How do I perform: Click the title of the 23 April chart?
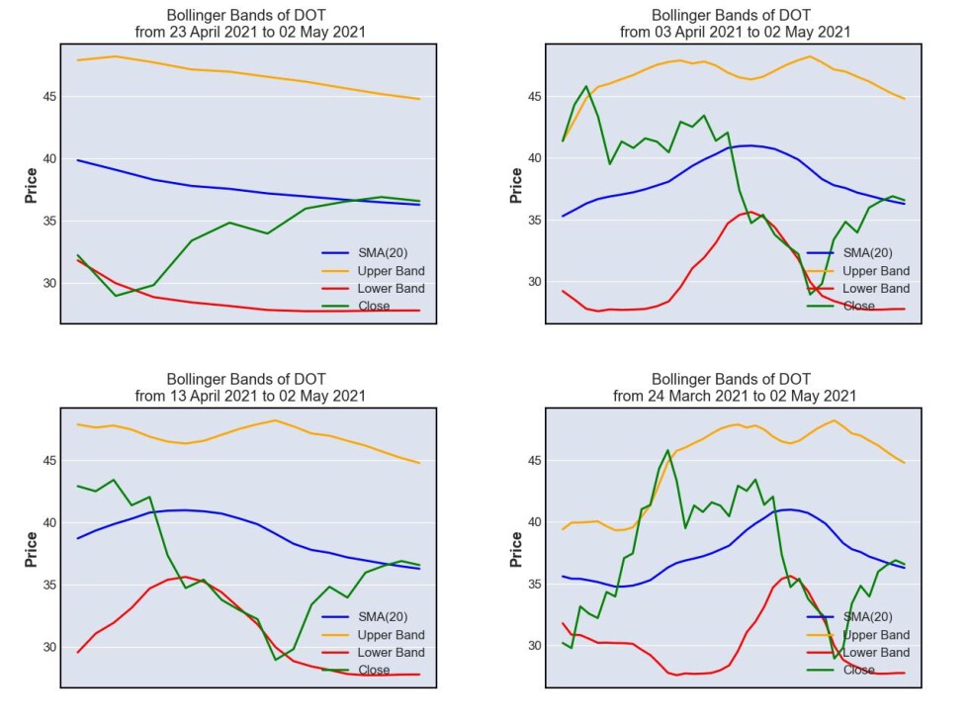coord(250,24)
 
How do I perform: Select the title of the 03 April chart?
coord(735,24)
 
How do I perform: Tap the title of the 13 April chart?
coord(250,388)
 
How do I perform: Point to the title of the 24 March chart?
coord(735,388)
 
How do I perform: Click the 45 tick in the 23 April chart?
coord(49,97)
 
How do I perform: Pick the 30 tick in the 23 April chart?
coord(49,283)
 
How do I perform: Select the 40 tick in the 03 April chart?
coord(535,158)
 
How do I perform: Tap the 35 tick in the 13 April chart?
coord(49,585)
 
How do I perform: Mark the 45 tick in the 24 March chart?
coord(535,461)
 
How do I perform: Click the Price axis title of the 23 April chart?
coord(31,185)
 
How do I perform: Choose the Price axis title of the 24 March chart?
coord(516,549)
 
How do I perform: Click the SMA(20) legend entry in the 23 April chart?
coord(365,252)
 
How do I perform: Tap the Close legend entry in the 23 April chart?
coord(356,306)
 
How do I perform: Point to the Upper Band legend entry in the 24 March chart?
coord(858,634)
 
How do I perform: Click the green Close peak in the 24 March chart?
coord(667,450)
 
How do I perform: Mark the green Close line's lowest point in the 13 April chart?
coord(276,660)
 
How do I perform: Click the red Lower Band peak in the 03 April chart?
coord(750,212)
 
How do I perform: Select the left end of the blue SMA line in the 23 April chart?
coord(77,160)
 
